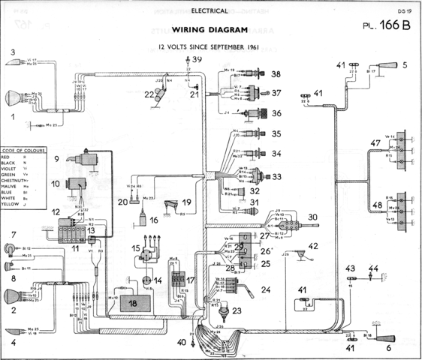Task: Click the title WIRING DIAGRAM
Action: (209, 31)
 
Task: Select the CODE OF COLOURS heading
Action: (24, 151)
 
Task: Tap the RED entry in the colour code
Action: (11, 157)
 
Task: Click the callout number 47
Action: (375, 142)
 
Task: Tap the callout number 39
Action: (197, 58)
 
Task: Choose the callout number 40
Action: (182, 343)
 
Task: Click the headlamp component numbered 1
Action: (17, 98)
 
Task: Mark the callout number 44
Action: (374, 268)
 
